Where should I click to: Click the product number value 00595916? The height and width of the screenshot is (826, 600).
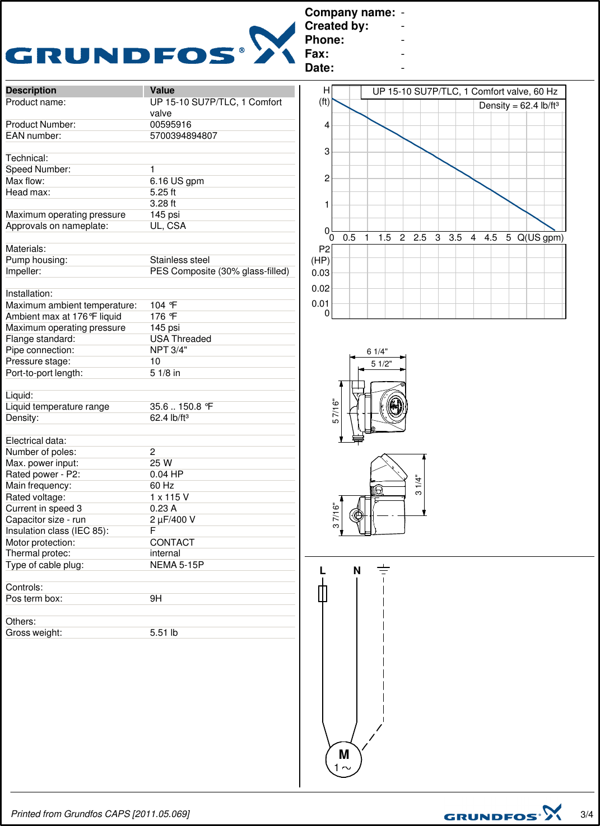coord(170,125)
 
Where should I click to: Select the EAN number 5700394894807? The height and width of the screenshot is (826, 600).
coord(183,136)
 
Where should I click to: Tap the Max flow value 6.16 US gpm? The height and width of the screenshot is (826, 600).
coord(176,181)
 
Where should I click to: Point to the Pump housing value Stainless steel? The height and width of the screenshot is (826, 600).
coord(179,260)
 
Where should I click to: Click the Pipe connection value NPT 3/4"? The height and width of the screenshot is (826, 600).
coord(168,350)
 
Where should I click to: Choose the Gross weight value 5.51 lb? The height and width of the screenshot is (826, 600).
coord(164,633)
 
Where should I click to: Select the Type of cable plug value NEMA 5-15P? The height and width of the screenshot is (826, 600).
coord(176,565)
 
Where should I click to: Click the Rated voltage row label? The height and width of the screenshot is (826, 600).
coord(35,498)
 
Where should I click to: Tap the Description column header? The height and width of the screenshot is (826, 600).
coord(31,91)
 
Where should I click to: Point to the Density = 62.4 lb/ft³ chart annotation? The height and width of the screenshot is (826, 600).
coord(519,106)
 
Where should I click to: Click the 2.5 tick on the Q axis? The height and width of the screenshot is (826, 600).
coord(420,238)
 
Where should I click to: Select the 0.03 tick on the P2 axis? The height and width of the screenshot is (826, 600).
coord(320,273)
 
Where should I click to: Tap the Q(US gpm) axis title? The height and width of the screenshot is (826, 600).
coord(540,238)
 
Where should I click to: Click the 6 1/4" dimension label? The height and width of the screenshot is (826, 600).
coord(377,351)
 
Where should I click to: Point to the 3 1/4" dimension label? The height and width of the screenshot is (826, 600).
coord(418,485)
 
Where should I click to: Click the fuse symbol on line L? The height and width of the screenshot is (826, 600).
coord(323,594)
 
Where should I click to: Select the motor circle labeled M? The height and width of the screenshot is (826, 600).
coord(343,759)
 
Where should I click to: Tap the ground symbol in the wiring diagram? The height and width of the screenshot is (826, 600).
coord(383,570)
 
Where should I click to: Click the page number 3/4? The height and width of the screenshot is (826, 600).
coord(586,815)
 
